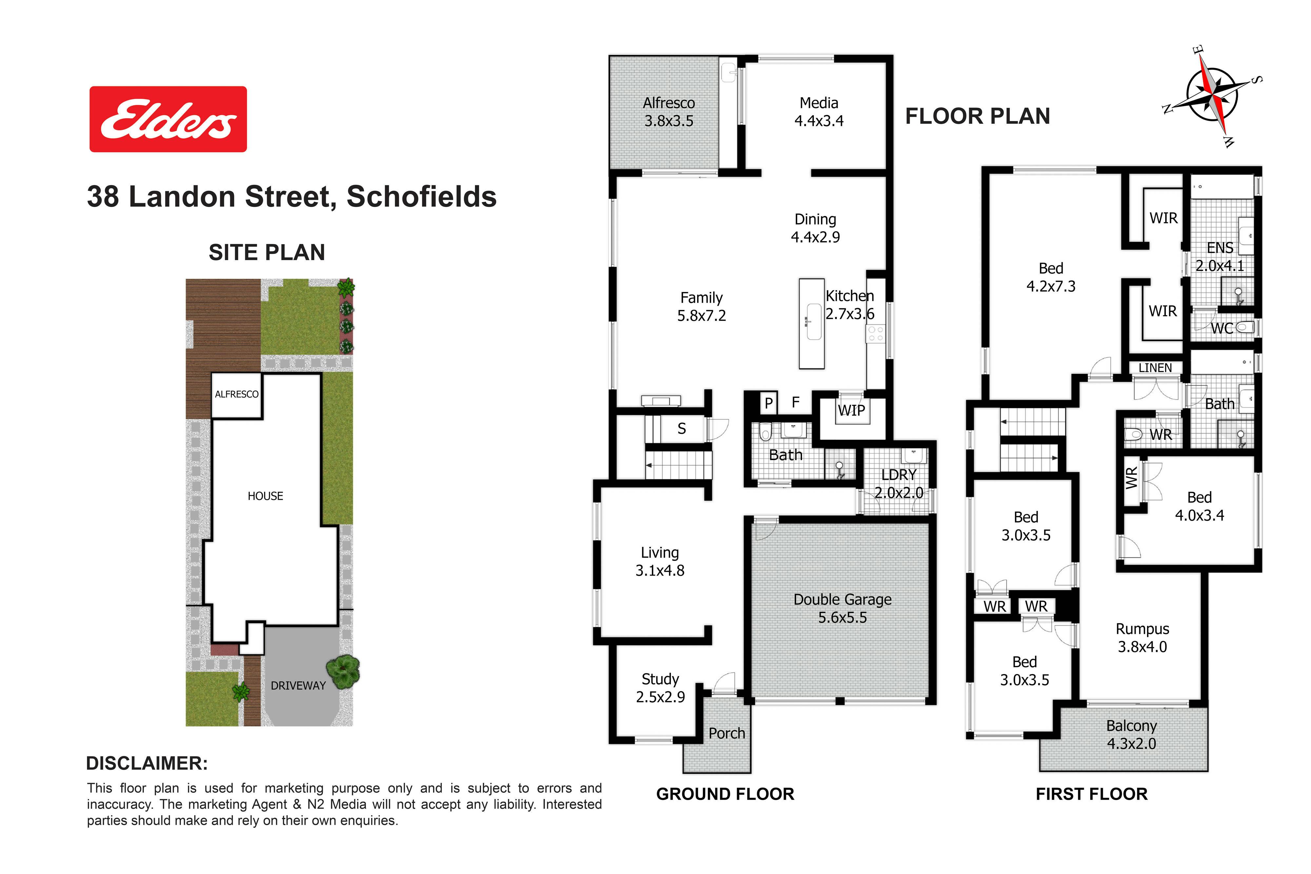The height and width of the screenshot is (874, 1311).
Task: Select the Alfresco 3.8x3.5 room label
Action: pyautogui.click(x=669, y=111)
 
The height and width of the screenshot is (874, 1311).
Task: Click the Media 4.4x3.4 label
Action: pyautogui.click(x=819, y=111)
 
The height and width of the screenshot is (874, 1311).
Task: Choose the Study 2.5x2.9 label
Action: pyautogui.click(x=660, y=688)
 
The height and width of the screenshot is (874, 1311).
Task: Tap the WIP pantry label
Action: pyautogui.click(x=851, y=411)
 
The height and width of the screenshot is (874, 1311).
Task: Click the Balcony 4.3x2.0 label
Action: pyautogui.click(x=1131, y=735)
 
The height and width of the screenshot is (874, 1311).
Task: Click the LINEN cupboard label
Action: pyautogui.click(x=1155, y=368)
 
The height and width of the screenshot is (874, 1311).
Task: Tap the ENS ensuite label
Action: pyautogui.click(x=1220, y=247)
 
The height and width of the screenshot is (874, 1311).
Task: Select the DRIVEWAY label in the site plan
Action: pyautogui.click(x=298, y=686)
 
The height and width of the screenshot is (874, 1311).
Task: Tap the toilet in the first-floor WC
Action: pyautogui.click(x=1245, y=327)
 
